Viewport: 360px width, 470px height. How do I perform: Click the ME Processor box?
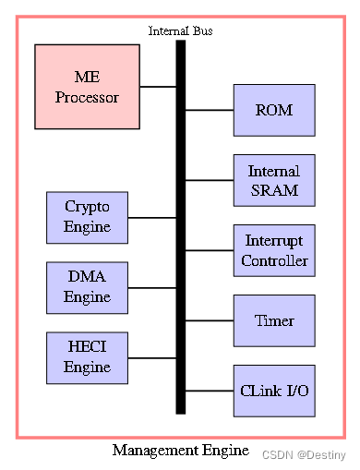coord(87,86)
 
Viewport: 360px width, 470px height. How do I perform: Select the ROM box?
coord(274,110)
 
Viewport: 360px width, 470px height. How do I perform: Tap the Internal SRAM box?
coord(274,180)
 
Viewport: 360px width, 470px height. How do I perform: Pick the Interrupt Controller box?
coord(274,250)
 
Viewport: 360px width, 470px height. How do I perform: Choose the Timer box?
coord(274,320)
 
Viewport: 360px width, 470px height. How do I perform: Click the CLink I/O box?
coord(274,391)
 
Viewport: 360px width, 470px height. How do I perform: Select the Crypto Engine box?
coord(87,217)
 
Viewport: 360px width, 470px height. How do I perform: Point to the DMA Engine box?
coord(87,287)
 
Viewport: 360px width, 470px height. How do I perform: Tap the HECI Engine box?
coord(87,358)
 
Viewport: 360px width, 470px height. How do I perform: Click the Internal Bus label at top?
coord(181,31)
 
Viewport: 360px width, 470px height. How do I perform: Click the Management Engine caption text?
coord(181,451)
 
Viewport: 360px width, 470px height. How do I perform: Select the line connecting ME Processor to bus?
coord(158,87)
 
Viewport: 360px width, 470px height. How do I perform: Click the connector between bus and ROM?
coord(210,110)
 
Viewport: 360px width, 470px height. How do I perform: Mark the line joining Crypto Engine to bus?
coord(151,218)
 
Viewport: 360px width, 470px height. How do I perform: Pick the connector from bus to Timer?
coord(210,320)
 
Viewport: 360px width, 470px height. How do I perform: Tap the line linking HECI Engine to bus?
coord(151,358)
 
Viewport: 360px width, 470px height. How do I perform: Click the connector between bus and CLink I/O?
coord(210,391)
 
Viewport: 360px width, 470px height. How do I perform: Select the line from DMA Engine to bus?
coord(151,288)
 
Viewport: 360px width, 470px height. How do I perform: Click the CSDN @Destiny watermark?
coord(304,455)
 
